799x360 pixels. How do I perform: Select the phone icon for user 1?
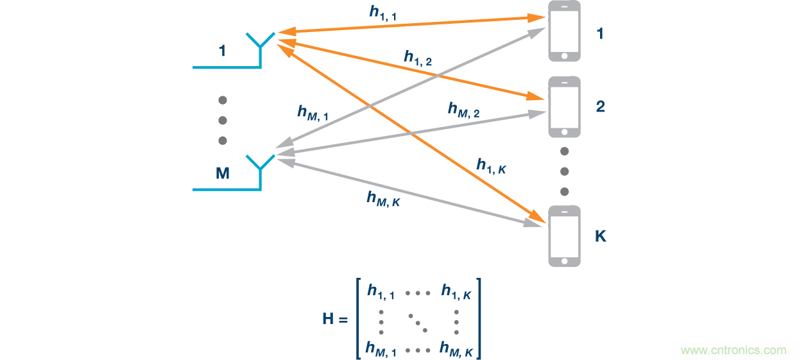click(x=564, y=31)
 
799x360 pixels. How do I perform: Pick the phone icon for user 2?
click(x=564, y=107)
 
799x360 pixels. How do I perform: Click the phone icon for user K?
click(x=564, y=236)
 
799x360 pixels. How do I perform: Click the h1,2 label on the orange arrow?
click(x=418, y=58)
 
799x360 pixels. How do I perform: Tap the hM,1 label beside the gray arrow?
click(x=313, y=113)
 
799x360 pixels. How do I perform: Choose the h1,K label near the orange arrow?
click(x=492, y=166)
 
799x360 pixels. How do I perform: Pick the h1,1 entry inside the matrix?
click(x=381, y=292)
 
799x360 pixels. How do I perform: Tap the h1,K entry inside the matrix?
click(x=457, y=292)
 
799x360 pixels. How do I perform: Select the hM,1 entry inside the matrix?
click(x=382, y=350)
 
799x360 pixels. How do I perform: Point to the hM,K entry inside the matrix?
click(x=456, y=350)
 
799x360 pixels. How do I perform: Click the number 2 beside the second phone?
click(x=600, y=107)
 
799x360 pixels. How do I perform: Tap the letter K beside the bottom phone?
click(x=601, y=236)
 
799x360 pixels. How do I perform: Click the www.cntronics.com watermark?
click(x=733, y=350)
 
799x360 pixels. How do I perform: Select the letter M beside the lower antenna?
click(x=223, y=173)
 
